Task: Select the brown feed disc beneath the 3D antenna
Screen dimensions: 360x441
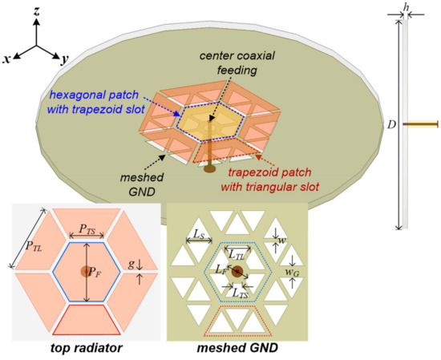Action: click(210, 169)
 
